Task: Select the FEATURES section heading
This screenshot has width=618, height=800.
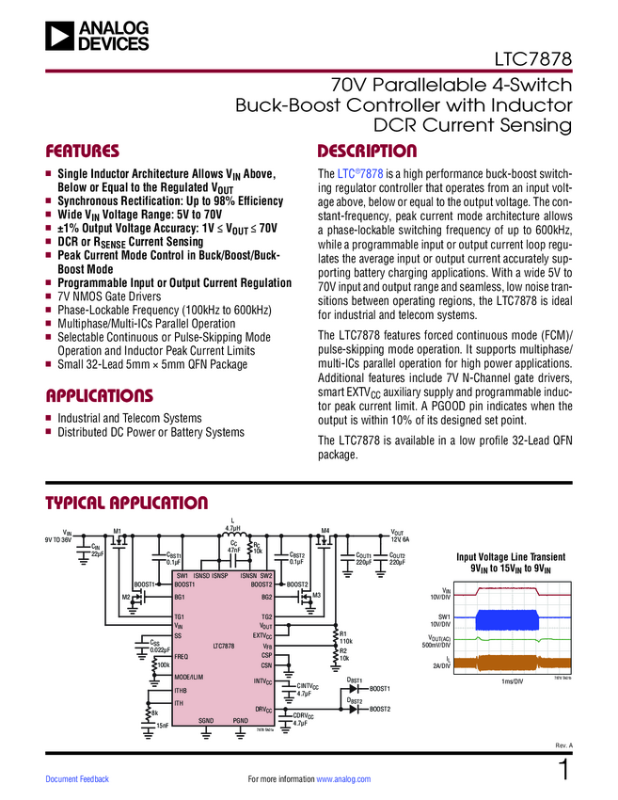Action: coord(84,152)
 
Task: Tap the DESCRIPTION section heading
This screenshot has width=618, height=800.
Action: coord(367,152)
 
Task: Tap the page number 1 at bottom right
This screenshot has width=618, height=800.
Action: coord(563,771)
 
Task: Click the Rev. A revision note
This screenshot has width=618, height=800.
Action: coord(563,745)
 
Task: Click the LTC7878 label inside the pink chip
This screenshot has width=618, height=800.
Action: coord(223,646)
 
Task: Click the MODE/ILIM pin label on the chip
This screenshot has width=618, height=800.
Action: coord(189,678)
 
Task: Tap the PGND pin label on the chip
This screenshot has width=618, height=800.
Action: coord(242,720)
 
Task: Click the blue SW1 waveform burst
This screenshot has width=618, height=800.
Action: coord(509,619)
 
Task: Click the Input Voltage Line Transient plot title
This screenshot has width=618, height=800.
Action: coord(511,563)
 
